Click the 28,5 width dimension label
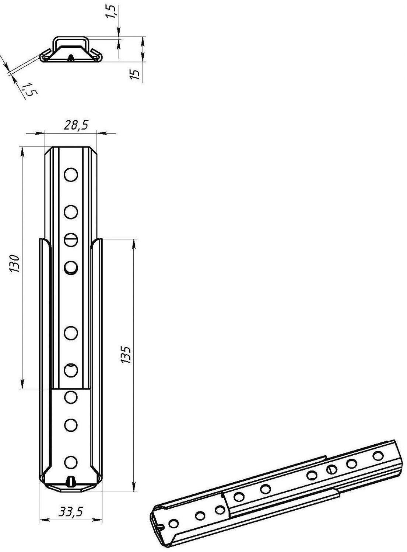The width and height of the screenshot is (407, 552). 76,125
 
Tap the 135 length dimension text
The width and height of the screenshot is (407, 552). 126,355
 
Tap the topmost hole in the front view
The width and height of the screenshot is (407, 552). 71,175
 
